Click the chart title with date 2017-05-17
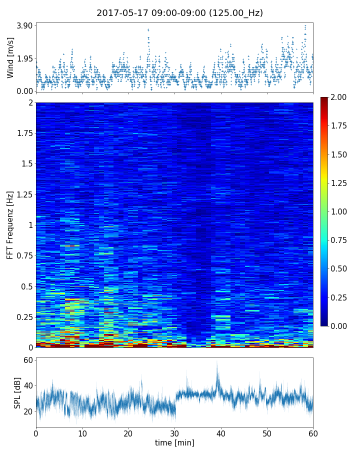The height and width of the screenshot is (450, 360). [x=179, y=13]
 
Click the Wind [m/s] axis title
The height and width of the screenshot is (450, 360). [x=10, y=57]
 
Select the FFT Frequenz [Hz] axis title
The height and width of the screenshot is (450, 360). [x=10, y=225]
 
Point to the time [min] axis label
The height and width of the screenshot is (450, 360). [x=174, y=442]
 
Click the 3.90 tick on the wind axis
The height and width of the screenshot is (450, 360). [x=24, y=25]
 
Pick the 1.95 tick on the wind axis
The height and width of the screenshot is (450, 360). [x=24, y=58]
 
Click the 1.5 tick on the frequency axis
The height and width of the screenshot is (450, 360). [x=26, y=164]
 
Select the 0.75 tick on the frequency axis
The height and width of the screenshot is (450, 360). [x=24, y=255]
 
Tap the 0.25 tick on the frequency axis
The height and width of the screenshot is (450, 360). [x=24, y=317]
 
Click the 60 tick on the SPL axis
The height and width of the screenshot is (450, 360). [x=27, y=360]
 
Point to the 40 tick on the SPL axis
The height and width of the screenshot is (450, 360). [x=27, y=385]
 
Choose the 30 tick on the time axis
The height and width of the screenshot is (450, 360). [x=174, y=432]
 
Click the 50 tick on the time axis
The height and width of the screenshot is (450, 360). [x=267, y=432]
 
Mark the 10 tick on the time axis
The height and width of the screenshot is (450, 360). [x=82, y=432]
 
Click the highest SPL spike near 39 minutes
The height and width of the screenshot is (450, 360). [x=217, y=362]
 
